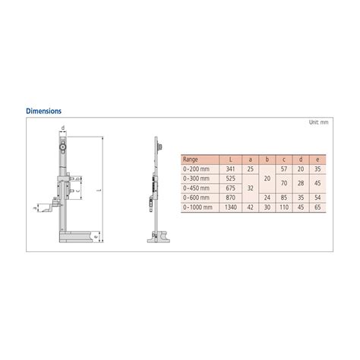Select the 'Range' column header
(x=191, y=159)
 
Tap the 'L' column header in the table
(x=229, y=159)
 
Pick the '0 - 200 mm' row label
(x=195, y=169)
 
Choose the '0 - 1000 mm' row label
(x=196, y=205)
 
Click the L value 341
(x=229, y=169)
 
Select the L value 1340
(x=229, y=205)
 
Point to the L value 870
(x=229, y=196)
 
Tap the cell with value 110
(x=283, y=205)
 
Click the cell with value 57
(x=283, y=169)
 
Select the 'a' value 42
(x=250, y=205)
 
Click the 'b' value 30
(x=267, y=205)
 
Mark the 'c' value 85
(x=283, y=196)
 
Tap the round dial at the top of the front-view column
(x=62, y=141)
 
